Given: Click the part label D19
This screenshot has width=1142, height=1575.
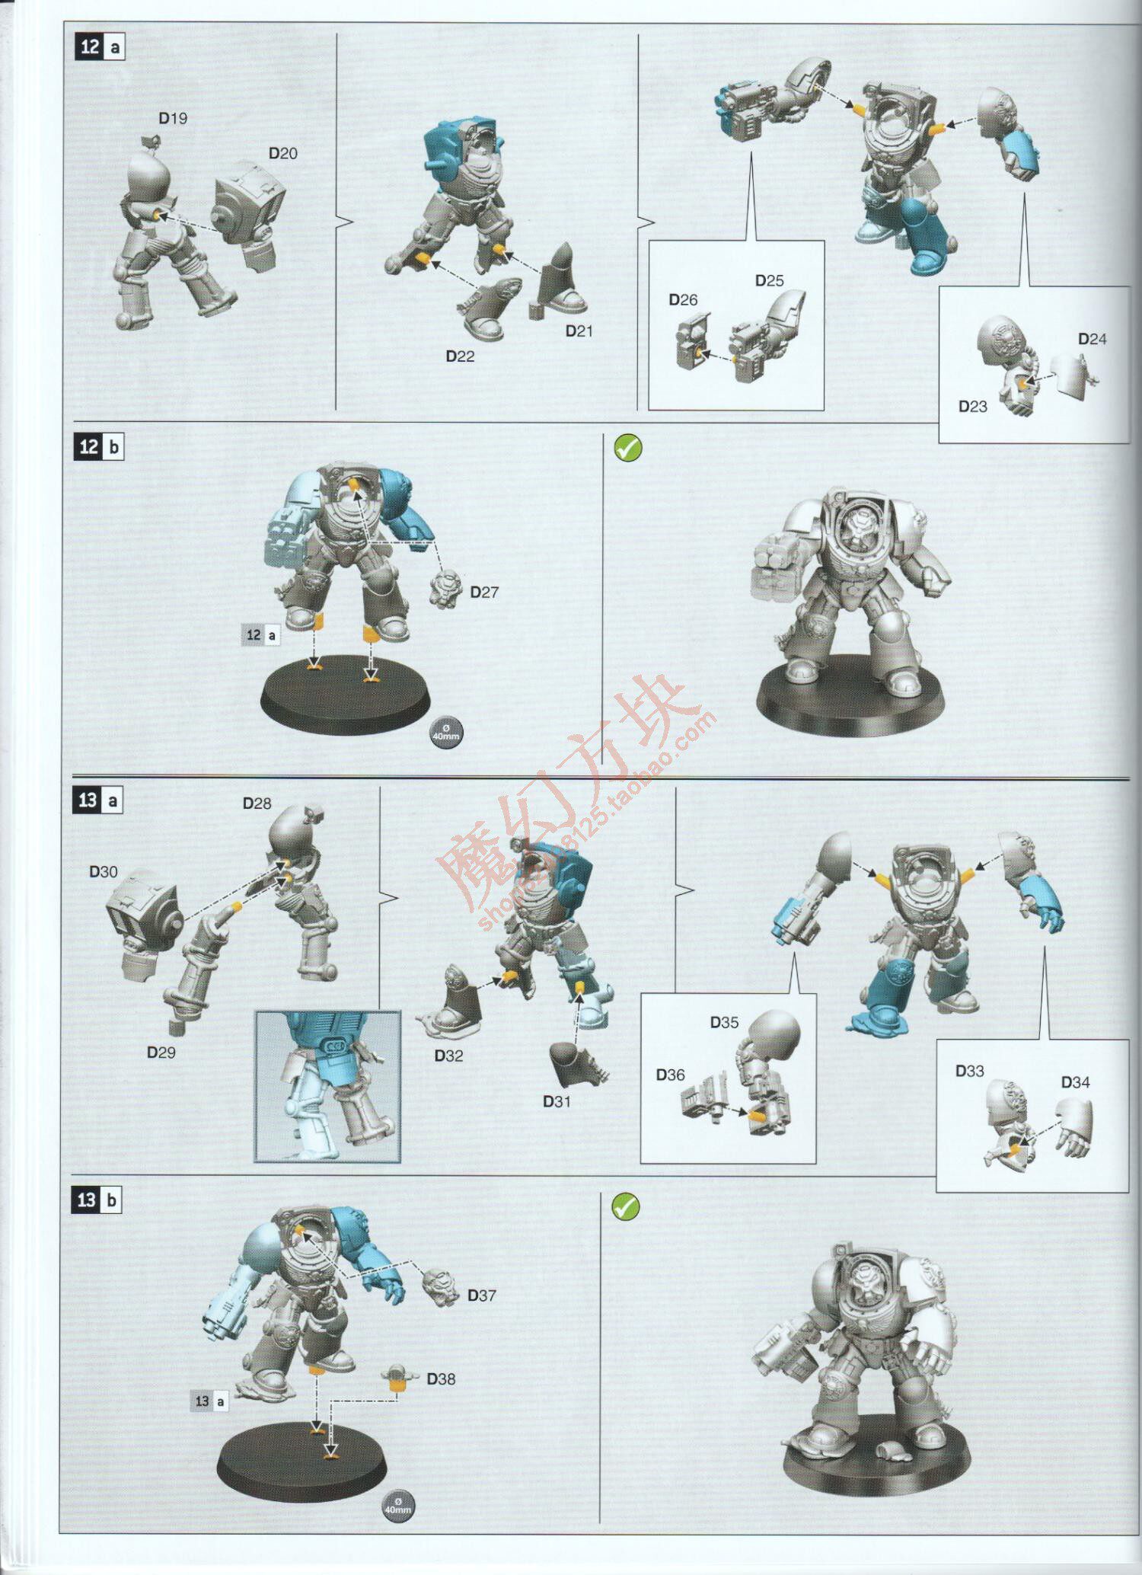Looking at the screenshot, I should (x=173, y=119).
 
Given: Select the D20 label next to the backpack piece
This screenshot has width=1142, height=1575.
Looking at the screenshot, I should (x=283, y=154).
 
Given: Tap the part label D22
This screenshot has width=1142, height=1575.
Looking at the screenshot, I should (x=460, y=356).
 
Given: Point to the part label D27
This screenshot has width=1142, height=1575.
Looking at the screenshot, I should (x=484, y=593).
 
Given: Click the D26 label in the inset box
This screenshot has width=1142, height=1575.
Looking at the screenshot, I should (x=683, y=300).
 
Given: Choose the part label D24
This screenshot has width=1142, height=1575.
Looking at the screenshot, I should (x=1092, y=340).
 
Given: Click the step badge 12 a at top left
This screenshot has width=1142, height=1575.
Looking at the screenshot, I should (x=100, y=47).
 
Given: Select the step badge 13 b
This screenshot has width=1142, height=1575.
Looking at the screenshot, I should (x=98, y=1200).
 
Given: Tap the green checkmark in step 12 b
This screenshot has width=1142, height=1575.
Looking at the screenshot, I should (x=628, y=449).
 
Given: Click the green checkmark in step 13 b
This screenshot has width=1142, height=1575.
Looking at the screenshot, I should (x=626, y=1206).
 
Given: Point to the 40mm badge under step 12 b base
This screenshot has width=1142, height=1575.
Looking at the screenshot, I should (x=447, y=733).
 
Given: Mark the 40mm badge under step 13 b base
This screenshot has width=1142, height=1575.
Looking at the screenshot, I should (x=398, y=1506).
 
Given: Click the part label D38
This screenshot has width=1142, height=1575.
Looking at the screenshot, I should (x=441, y=1379).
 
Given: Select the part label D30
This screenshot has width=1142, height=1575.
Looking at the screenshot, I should (x=104, y=872).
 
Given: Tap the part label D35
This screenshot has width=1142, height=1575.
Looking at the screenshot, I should (x=724, y=1023).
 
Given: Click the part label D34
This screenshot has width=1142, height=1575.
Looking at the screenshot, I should (x=1075, y=1082).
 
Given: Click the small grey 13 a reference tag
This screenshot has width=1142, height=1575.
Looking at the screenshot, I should (x=209, y=1401).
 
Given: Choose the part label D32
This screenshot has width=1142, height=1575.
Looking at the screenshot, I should (x=448, y=1056).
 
